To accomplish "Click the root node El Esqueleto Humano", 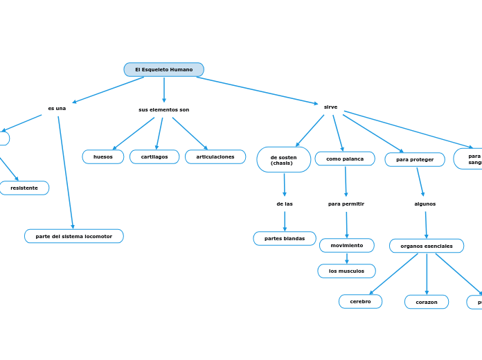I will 163,70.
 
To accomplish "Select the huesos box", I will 103,157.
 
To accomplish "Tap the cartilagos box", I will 154,157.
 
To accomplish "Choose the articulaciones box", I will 215,157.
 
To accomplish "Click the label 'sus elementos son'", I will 163,110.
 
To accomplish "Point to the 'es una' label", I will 57,109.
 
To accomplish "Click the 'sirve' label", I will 330,107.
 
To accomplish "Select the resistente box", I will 24,188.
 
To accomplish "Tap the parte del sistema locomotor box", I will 74,237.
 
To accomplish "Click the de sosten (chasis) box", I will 283,160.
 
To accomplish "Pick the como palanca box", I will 345,159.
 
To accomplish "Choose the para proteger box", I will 415,160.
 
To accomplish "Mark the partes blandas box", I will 285,239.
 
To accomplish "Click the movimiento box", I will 346,246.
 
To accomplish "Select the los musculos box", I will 346,271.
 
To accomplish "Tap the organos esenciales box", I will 427,246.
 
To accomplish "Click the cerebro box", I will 360,302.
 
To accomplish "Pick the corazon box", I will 427,303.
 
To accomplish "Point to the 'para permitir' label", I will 346,204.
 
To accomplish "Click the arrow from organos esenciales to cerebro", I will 393,274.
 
